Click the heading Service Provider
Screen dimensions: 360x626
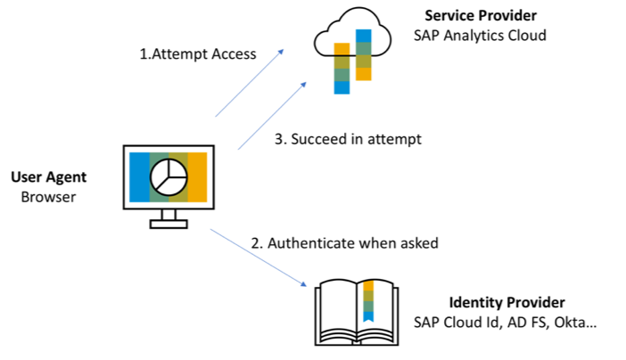click(480, 16)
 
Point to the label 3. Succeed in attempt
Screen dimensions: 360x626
click(345, 138)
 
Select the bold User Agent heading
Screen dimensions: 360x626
click(49, 177)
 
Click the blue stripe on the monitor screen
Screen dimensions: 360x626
click(139, 178)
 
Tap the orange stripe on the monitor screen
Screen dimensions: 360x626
click(198, 178)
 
